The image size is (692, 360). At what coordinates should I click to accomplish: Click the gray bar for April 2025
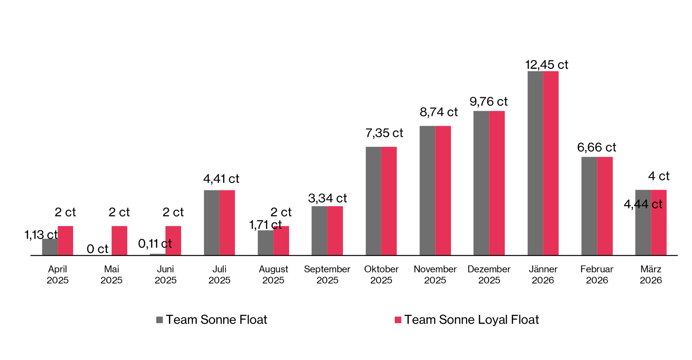[50, 247]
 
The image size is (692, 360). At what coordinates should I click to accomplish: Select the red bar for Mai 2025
[119, 241]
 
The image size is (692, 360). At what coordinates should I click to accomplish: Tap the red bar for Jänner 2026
[551, 163]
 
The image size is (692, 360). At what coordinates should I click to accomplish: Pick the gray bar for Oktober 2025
[373, 201]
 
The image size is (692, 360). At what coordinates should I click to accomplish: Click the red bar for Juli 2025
[227, 223]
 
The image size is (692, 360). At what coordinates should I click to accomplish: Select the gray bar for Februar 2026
[589, 206]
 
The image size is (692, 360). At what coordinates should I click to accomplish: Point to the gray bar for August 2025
[265, 243]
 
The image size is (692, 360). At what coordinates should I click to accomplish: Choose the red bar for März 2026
[658, 231]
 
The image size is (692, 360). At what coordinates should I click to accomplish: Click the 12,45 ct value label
[546, 65]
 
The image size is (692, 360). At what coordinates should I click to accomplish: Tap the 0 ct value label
[97, 249]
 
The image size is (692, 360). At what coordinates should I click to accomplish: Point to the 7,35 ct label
[384, 133]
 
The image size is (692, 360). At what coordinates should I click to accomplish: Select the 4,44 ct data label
[643, 204]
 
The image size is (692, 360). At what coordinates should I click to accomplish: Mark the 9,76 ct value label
[488, 102]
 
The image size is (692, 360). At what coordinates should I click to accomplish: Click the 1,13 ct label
[41, 235]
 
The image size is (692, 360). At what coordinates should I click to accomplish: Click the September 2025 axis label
[327, 275]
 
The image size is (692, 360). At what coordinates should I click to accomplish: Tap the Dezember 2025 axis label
[489, 275]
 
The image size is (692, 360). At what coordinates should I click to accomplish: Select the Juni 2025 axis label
[165, 275]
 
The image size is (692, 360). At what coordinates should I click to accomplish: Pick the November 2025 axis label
[435, 275]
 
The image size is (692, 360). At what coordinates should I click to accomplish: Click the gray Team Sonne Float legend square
[159, 320]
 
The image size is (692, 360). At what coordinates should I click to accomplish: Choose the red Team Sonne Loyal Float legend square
[398, 320]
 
